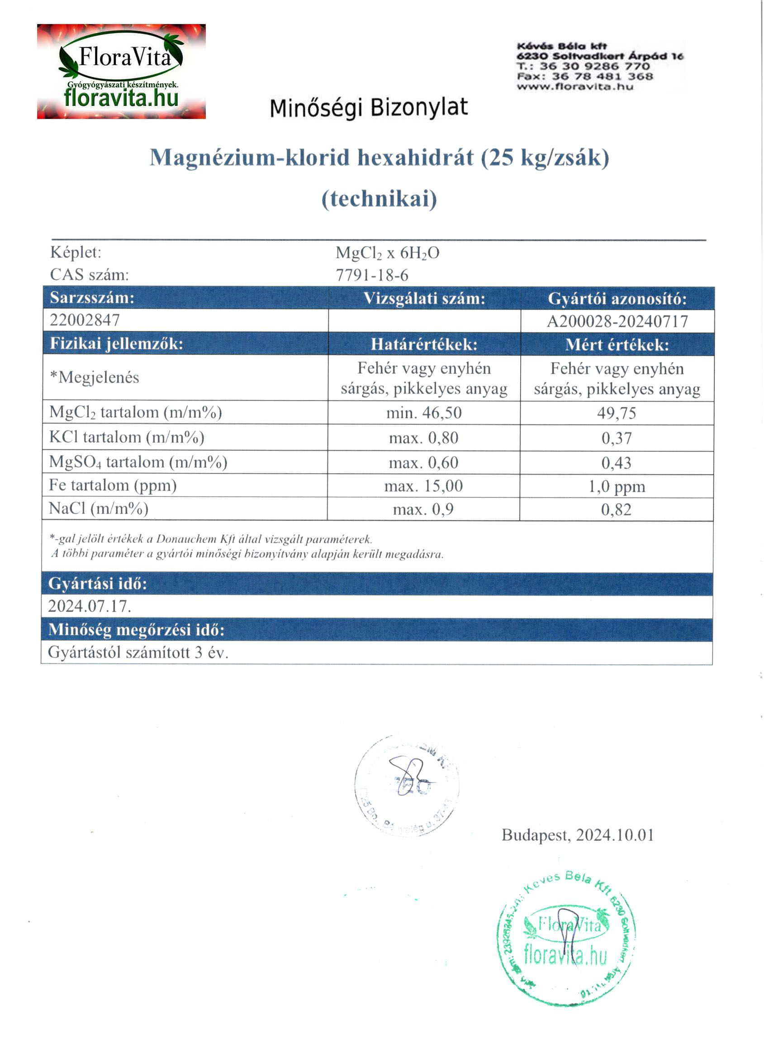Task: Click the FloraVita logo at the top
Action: (x=121, y=71)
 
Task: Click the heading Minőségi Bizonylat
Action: (x=368, y=108)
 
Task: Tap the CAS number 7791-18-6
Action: (x=372, y=275)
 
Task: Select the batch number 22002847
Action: (x=85, y=320)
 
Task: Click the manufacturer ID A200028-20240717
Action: (x=617, y=321)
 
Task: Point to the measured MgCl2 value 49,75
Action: (x=617, y=413)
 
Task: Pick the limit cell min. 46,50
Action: (x=423, y=413)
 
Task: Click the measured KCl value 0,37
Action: (x=617, y=438)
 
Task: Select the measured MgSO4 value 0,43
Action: (x=616, y=463)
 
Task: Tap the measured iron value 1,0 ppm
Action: (x=617, y=486)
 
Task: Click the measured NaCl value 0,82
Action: (x=616, y=510)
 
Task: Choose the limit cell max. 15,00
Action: (x=423, y=486)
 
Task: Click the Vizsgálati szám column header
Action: (x=424, y=299)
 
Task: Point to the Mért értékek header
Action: (x=617, y=345)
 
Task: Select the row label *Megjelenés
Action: (x=95, y=377)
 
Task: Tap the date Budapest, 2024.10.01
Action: (x=577, y=835)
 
